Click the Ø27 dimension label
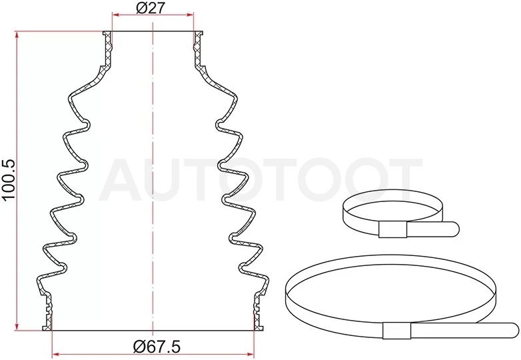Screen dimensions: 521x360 pyautogui.click(x=151, y=7)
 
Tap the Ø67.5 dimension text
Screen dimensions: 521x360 pyautogui.click(x=157, y=347)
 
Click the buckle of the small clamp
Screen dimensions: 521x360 pyautogui.click(x=392, y=229)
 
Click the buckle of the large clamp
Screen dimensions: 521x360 pyautogui.click(x=396, y=331)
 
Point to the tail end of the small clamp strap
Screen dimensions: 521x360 pyautogui.click(x=455, y=229)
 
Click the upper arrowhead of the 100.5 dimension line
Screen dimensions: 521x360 pyautogui.click(x=16, y=35)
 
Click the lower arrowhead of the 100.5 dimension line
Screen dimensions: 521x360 pyautogui.click(x=16, y=326)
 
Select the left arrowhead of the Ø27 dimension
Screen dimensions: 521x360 pyautogui.click(x=117, y=15)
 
